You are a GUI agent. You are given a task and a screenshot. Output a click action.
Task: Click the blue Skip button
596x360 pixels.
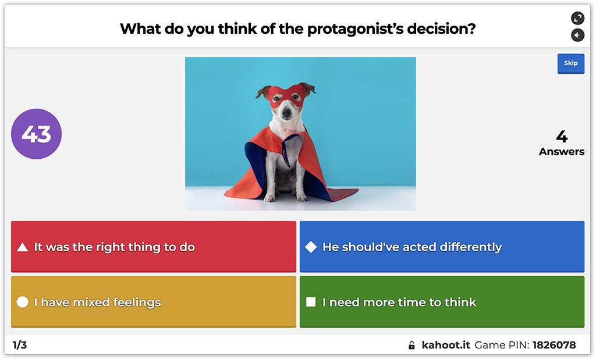(x=570, y=63)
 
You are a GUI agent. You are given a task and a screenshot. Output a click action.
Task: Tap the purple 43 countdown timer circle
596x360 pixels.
(x=36, y=134)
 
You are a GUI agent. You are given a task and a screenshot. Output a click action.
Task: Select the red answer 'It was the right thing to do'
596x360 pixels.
(x=154, y=247)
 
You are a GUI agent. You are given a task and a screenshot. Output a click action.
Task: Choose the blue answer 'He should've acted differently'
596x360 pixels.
(x=442, y=247)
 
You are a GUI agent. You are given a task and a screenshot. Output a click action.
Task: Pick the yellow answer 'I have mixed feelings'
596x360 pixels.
(x=154, y=302)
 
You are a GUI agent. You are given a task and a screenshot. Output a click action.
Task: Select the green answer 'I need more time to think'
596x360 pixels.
(x=442, y=302)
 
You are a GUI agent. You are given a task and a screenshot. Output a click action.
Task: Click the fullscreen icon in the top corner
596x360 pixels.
(x=577, y=18)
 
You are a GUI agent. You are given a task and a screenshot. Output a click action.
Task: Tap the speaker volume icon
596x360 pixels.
(x=577, y=35)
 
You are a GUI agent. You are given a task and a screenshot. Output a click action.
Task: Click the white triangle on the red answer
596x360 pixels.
(x=23, y=247)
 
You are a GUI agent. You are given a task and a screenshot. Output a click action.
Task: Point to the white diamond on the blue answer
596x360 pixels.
(x=311, y=247)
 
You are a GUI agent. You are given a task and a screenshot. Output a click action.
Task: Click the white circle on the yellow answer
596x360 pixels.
(x=23, y=302)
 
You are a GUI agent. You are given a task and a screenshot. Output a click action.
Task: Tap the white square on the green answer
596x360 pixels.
(x=311, y=302)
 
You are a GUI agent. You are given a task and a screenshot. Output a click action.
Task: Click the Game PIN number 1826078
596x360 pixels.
(x=554, y=345)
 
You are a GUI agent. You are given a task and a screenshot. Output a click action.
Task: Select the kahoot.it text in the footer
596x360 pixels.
(x=446, y=345)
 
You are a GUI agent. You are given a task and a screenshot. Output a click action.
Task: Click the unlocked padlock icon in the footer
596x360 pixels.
(x=412, y=345)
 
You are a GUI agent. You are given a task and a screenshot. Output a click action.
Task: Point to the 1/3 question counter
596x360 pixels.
(x=20, y=345)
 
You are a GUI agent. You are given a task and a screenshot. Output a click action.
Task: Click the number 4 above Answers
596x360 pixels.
(x=561, y=137)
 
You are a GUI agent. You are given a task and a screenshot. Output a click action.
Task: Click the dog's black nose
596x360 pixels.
(x=285, y=115)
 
